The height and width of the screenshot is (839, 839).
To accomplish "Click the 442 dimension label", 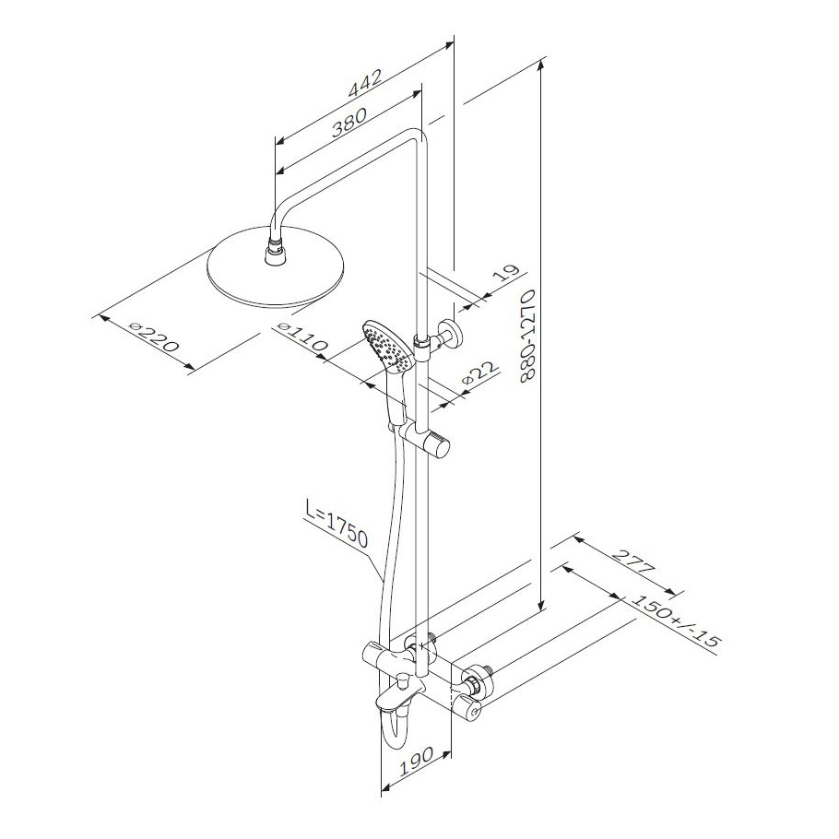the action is [x=365, y=83].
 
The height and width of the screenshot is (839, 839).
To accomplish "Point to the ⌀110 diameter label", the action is [x=302, y=337].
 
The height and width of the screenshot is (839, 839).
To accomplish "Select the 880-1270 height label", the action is [x=527, y=335].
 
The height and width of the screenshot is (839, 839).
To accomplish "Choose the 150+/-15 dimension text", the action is [x=675, y=620].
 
